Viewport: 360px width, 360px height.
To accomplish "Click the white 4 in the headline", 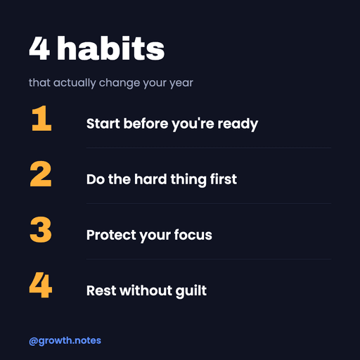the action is tap(39, 49).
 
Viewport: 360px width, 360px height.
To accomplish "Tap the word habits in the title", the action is tap(111, 49).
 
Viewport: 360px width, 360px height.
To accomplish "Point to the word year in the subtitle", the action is tap(181, 83).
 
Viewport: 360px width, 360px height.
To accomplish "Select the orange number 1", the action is tap(41, 118).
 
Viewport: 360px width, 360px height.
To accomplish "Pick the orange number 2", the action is tap(41, 174).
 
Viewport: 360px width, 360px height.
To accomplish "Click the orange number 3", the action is tap(41, 229).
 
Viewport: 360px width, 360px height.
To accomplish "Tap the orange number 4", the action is tap(41, 285).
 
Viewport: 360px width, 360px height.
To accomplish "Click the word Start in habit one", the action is tap(103, 124).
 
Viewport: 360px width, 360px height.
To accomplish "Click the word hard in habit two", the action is tap(150, 179).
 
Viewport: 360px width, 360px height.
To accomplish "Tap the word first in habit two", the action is tap(224, 179).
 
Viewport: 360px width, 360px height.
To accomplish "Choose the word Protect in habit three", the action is tap(111, 235).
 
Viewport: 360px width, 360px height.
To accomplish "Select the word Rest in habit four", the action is tap(101, 290).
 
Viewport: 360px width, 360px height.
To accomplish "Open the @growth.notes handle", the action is tap(65, 341).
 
